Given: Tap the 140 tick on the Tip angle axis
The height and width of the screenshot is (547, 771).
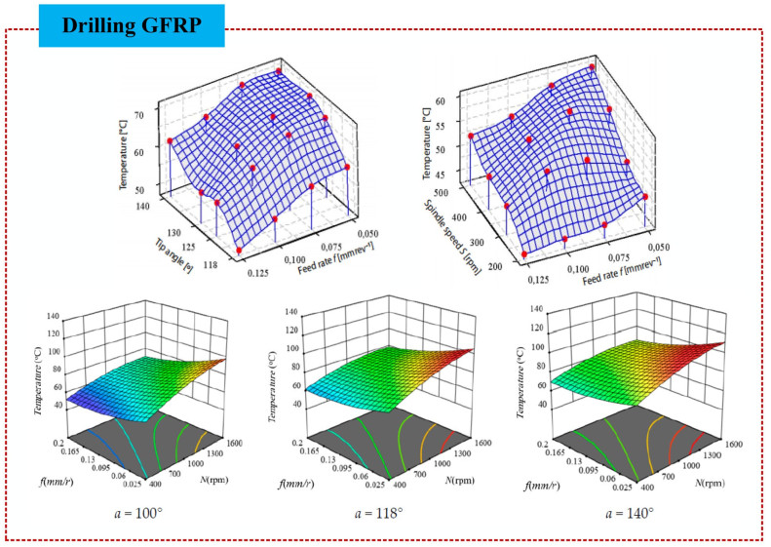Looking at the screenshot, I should [x=143, y=207].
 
